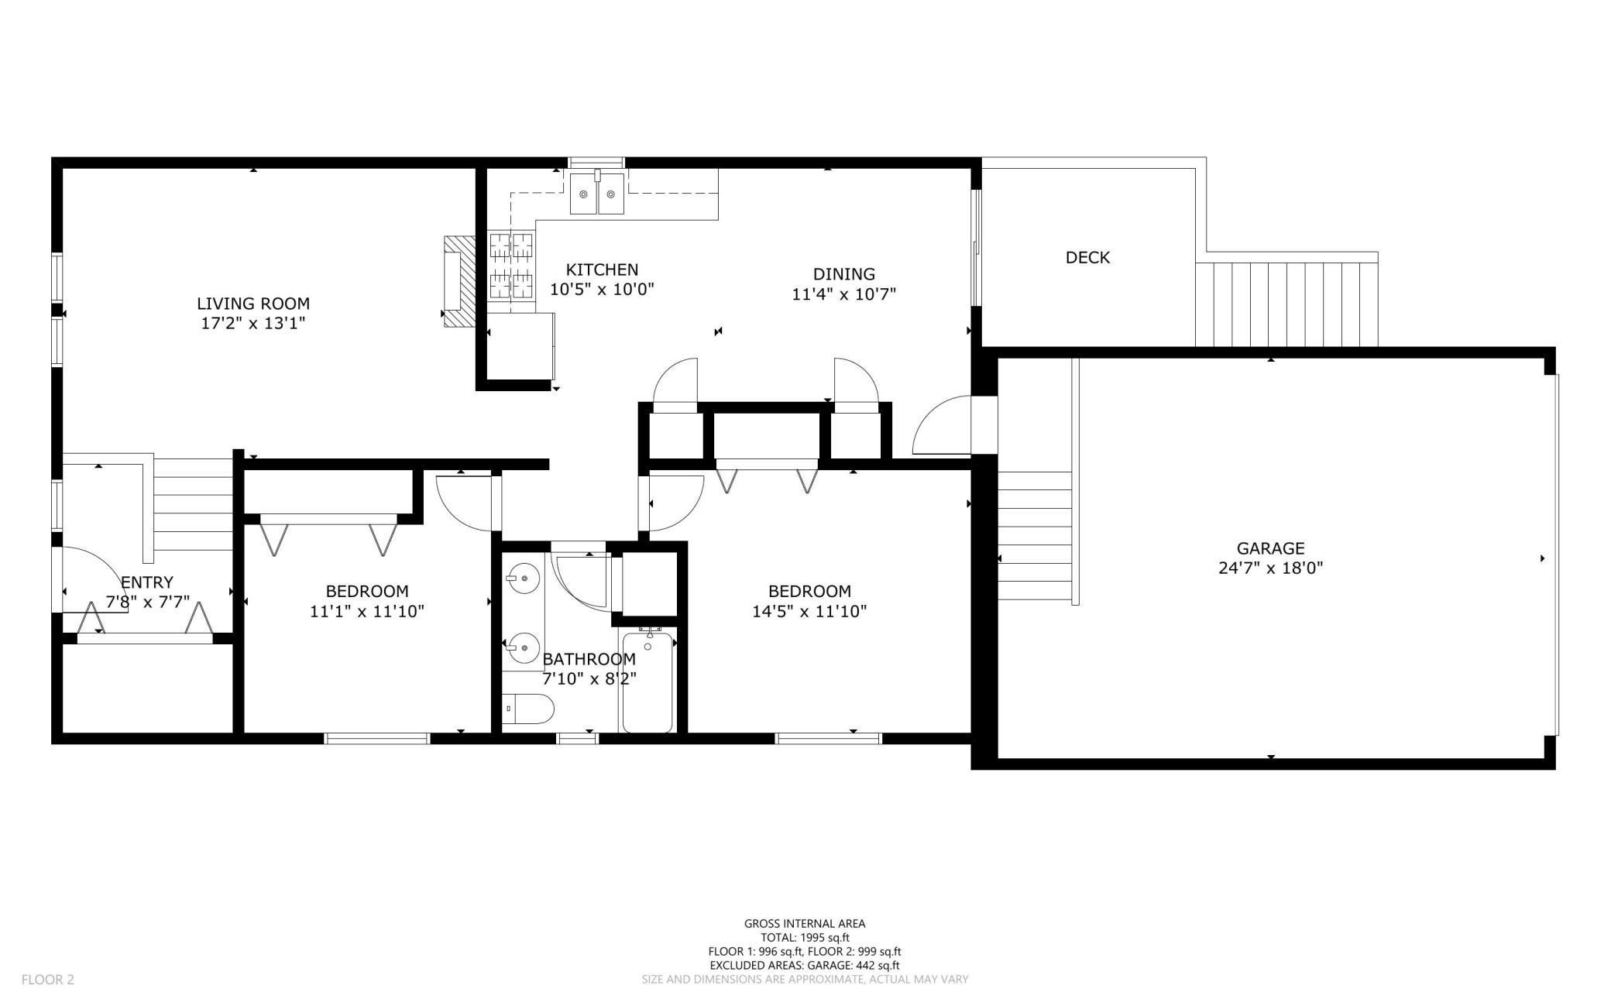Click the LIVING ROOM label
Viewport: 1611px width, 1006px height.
253,304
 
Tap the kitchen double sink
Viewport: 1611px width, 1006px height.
597,193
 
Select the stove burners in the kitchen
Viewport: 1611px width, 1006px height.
512,266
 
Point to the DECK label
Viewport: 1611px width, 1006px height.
1087,257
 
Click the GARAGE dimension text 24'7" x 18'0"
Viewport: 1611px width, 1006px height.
1270,568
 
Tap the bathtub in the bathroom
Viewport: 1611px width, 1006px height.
647,680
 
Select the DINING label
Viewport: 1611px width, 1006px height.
844,274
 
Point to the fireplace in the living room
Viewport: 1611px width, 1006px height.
458,282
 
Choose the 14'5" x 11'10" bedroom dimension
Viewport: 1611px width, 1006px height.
809,611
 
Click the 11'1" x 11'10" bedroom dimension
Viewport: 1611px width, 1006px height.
367,611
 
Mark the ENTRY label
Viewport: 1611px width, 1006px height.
147,582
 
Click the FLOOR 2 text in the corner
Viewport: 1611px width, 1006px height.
48,980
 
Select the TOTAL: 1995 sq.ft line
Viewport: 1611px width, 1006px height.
805,937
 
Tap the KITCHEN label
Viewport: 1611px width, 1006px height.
602,270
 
